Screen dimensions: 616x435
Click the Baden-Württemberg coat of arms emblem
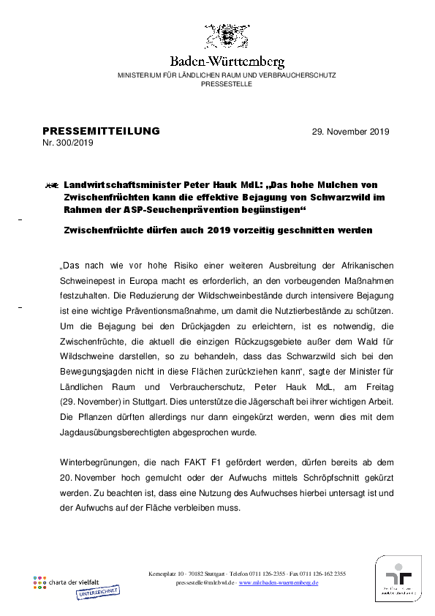(226, 37)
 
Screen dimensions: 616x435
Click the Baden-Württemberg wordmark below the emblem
(227, 62)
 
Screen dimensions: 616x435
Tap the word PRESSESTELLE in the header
(227, 84)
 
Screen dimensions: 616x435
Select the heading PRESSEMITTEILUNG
(101, 131)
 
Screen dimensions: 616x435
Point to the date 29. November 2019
(350, 132)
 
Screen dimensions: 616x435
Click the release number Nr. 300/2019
(67, 143)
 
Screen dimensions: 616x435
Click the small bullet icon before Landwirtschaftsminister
(51, 187)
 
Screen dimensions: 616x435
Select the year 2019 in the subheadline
(232, 230)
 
